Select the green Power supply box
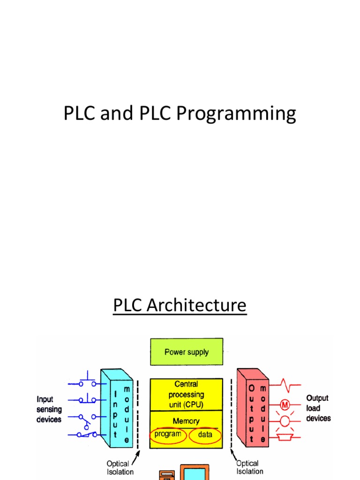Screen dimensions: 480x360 (x=186, y=352)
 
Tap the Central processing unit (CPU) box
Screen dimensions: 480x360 (x=186, y=395)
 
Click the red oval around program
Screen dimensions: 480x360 (x=168, y=435)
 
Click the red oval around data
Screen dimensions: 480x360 (x=205, y=435)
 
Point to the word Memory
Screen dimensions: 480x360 (x=186, y=421)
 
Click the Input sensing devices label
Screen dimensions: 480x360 (x=49, y=409)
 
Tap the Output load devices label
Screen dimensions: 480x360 (x=318, y=408)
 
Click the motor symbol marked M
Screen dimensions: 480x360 (x=285, y=404)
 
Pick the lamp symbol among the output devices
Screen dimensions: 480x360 (x=285, y=421)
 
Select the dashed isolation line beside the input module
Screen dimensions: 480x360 (x=137, y=412)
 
